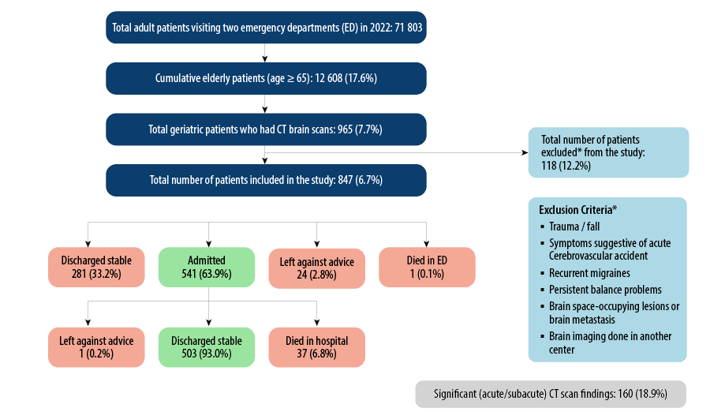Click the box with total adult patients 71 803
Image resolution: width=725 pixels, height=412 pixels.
click(x=267, y=28)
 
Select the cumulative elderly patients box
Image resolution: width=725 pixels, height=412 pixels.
click(x=267, y=78)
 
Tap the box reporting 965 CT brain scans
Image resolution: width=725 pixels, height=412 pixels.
click(x=267, y=129)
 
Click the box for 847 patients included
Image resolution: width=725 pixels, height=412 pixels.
click(x=267, y=180)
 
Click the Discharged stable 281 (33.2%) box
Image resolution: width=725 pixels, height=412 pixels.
click(x=96, y=267)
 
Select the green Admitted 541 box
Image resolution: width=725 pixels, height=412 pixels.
click(x=206, y=267)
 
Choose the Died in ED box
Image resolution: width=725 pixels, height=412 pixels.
click(x=427, y=267)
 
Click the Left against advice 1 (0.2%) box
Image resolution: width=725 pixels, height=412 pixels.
click(x=96, y=347)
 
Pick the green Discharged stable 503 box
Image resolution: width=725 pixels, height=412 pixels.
click(x=206, y=347)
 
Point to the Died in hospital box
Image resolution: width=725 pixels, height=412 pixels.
click(x=316, y=347)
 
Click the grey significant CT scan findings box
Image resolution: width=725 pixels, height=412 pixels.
click(x=551, y=393)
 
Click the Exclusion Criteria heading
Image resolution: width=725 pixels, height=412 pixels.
click(x=577, y=210)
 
